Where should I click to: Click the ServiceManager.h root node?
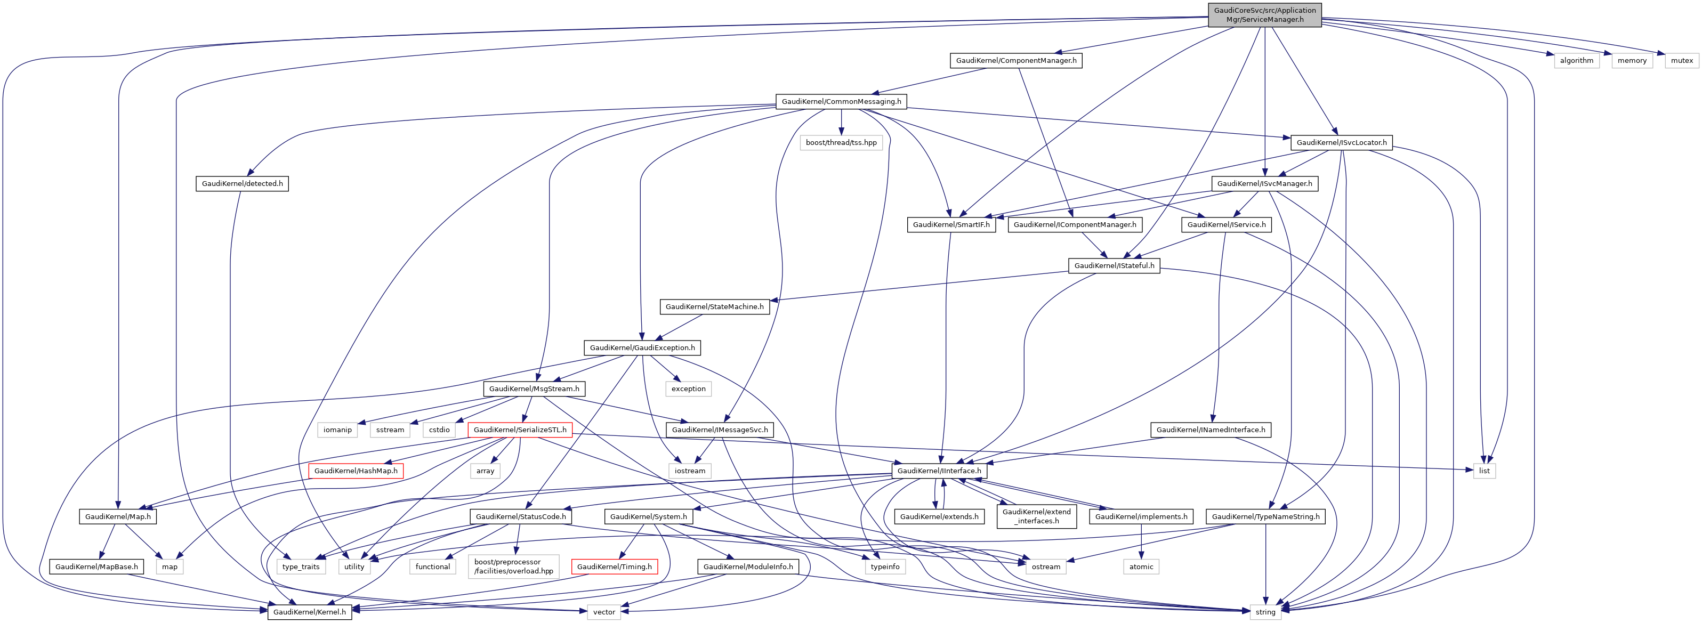(x=1264, y=14)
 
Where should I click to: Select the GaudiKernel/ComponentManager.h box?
(x=1015, y=61)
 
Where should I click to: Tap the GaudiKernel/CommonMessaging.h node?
(x=841, y=102)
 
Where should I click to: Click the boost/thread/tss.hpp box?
(x=841, y=143)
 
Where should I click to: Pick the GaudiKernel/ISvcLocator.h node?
(x=1341, y=143)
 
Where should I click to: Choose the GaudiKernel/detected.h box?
(x=242, y=184)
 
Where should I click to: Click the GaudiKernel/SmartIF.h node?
(x=951, y=224)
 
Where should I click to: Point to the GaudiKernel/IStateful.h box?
(x=1114, y=265)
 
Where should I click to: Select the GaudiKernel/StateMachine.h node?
(x=714, y=306)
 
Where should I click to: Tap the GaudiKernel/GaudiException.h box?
(x=642, y=347)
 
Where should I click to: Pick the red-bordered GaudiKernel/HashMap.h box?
(x=356, y=471)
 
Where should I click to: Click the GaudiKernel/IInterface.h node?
(x=939, y=471)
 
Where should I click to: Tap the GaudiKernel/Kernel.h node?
(x=309, y=612)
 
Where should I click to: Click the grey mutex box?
(x=1682, y=61)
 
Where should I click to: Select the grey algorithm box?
(x=1576, y=61)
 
